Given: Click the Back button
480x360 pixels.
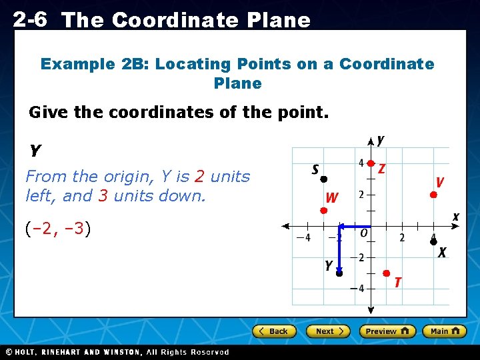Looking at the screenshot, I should pos(273,331).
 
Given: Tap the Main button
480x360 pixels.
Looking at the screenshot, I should pos(443,331).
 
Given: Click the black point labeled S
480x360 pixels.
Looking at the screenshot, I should pos(323,179).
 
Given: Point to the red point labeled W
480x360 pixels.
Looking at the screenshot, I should pos(323,210).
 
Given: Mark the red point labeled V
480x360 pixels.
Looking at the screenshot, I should pos(433,195).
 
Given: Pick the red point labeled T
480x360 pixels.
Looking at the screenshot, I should pos(386,273).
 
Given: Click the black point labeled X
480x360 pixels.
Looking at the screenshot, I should pos(433,241).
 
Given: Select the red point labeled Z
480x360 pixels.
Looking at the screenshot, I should pos(371,163).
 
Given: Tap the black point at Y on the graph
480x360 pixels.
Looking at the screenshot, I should pos(339,273).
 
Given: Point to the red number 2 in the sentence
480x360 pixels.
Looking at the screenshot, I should pos(199,177).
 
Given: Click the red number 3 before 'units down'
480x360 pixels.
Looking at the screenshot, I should pos(103,197).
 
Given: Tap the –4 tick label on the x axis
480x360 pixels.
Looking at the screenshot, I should pos(303,238).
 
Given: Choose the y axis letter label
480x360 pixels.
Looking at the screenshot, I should pos(380,140).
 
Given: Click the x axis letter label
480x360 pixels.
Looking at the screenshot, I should pos(456,217).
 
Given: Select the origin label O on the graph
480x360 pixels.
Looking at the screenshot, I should pos(363,233).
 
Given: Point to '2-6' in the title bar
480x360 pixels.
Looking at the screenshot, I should pos(30,19).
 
